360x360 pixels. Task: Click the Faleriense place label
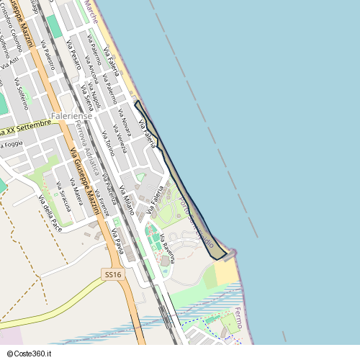point(73,115)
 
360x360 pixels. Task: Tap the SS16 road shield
point(112,274)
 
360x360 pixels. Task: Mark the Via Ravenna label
point(167,248)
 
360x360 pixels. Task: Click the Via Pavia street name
point(117,241)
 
